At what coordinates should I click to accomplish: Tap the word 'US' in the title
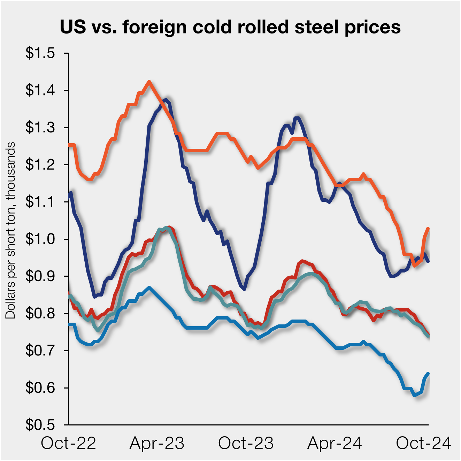[x=72, y=27]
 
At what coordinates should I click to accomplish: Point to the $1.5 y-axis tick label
[x=40, y=53]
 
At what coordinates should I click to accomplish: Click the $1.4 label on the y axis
[x=40, y=90]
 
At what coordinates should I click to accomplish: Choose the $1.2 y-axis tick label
[x=40, y=164]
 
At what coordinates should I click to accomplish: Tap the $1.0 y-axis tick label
[x=40, y=239]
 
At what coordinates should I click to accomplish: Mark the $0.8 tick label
[x=40, y=313]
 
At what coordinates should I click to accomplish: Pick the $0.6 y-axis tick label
[x=40, y=387]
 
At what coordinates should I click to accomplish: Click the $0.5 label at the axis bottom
[x=40, y=424]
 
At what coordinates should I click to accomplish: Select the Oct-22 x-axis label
[x=68, y=443]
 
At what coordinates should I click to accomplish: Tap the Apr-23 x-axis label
[x=157, y=443]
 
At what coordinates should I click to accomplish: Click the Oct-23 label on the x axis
[x=246, y=443]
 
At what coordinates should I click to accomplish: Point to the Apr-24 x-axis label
[x=335, y=443]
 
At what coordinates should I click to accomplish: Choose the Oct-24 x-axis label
[x=423, y=443]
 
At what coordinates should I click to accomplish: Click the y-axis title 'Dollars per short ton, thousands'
[x=10, y=230]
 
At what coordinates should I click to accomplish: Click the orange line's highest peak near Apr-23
[x=149, y=82]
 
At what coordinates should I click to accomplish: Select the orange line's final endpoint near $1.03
[x=428, y=228]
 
